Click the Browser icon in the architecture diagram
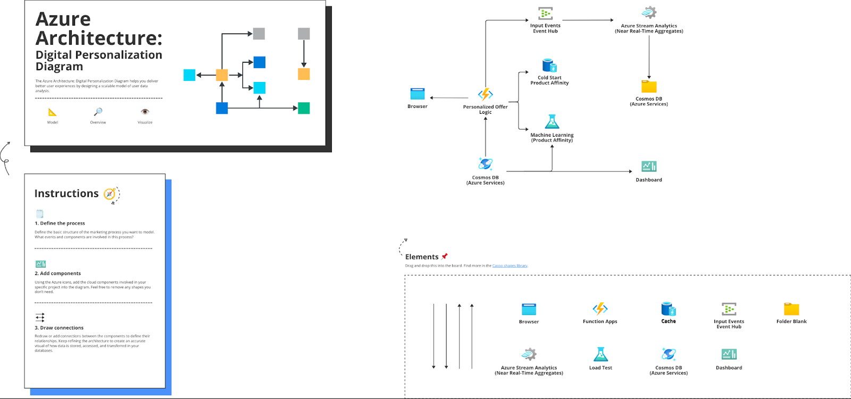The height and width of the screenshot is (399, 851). click(x=418, y=94)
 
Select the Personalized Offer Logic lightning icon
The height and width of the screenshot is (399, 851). click(x=485, y=95)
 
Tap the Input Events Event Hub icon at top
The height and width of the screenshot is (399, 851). click(x=545, y=13)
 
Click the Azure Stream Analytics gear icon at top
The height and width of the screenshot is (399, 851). click(x=649, y=13)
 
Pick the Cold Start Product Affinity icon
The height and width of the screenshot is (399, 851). click(x=549, y=65)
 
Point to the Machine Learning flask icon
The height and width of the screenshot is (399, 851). click(x=552, y=122)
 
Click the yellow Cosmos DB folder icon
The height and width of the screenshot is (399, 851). click(x=649, y=86)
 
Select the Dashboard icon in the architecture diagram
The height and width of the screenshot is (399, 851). click(x=649, y=167)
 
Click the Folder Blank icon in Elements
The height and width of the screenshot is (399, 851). click(x=791, y=309)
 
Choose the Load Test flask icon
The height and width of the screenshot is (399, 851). click(x=600, y=354)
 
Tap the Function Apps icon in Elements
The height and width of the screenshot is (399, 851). click(x=600, y=309)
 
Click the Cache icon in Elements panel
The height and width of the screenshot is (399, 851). click(x=669, y=309)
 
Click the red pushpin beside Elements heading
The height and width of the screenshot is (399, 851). click(x=445, y=256)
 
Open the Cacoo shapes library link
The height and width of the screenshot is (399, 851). click(x=510, y=265)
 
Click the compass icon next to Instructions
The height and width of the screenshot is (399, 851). click(x=110, y=194)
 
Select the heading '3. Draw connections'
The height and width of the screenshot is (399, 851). click(x=59, y=328)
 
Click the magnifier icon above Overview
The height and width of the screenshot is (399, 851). click(x=98, y=112)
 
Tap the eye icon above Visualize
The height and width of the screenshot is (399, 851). click(x=145, y=112)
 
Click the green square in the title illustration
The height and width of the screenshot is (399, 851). click(x=304, y=108)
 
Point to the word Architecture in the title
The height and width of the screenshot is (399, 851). click(x=98, y=38)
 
